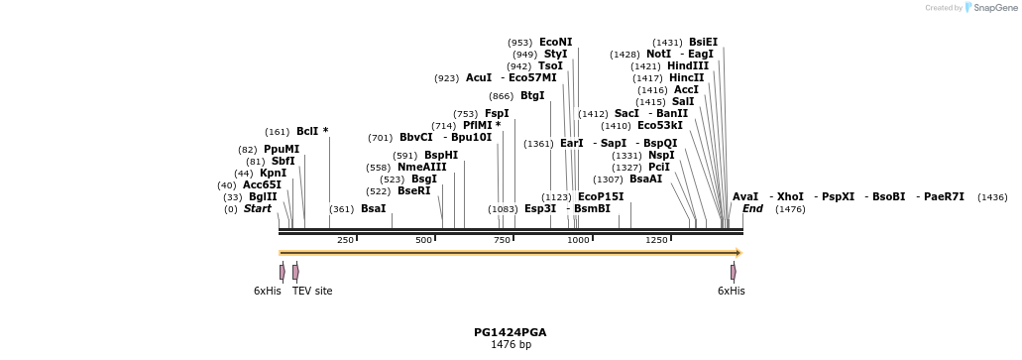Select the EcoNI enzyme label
click(555, 42)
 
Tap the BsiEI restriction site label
click(703, 42)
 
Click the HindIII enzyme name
click(688, 65)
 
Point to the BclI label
click(307, 131)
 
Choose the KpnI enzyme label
click(273, 173)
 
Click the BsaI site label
click(373, 208)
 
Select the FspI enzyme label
click(497, 113)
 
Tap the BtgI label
click(532, 95)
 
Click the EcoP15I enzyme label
click(601, 196)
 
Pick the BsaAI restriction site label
click(645, 179)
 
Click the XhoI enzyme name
click(790, 196)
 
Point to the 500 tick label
click(424, 240)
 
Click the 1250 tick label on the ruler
click(656, 240)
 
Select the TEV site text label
click(312, 291)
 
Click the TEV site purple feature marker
click(295, 272)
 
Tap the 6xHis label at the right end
click(731, 291)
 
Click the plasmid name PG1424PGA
click(511, 332)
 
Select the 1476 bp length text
click(511, 345)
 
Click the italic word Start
click(258, 208)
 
